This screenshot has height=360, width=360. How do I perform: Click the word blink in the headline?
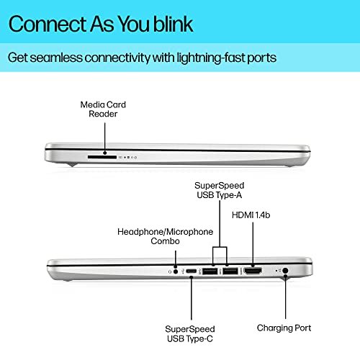point(173,24)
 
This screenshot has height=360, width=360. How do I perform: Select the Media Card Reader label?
point(103,109)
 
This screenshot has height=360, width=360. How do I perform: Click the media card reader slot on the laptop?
point(102,157)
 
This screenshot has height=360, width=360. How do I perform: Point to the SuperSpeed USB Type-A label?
point(220,190)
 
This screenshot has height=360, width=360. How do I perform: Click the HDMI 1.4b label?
point(251,215)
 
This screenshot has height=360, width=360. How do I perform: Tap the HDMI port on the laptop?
point(253,271)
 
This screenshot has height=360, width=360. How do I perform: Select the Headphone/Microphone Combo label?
point(165,236)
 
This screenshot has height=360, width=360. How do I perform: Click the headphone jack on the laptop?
point(176,271)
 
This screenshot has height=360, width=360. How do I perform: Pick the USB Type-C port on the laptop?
point(192,271)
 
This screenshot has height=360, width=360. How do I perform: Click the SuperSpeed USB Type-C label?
point(190,334)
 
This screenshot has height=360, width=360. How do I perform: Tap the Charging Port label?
point(284,328)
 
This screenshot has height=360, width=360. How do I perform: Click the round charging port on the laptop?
point(285,271)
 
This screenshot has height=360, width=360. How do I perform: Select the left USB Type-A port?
point(210,271)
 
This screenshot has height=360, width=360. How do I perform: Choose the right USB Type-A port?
point(230,271)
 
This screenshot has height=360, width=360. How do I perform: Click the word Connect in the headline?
point(48,24)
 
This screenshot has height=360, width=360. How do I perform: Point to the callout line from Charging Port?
point(285,297)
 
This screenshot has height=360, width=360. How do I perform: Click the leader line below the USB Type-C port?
point(192,298)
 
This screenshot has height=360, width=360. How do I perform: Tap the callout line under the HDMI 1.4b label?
point(253,244)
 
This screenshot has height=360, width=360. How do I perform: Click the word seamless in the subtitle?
point(56,58)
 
